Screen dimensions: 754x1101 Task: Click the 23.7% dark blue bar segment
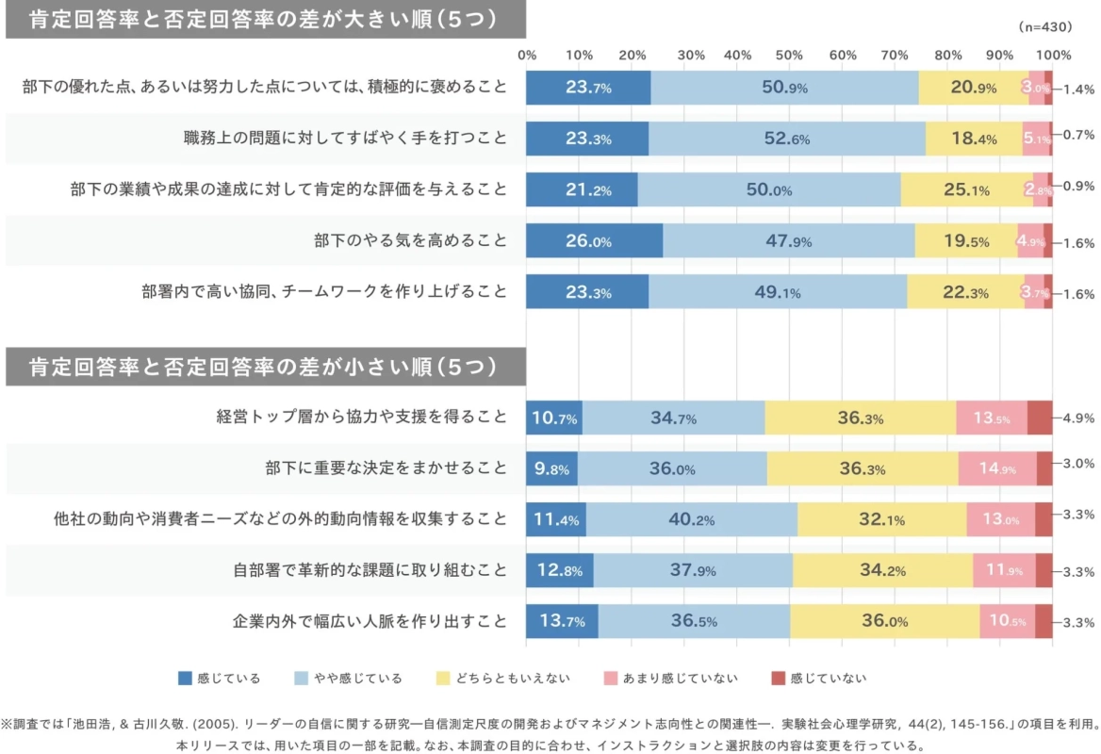588,88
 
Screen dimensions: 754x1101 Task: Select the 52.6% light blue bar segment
787,139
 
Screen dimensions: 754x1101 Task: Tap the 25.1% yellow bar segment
966,189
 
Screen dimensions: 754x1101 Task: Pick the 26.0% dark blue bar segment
594,241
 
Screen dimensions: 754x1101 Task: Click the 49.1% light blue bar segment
778,292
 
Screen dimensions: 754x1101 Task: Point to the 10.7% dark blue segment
554,418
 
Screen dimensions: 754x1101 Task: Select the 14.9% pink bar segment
997,468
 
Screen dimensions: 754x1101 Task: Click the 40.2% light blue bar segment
692,519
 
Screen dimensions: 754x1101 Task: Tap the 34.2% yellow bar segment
883,570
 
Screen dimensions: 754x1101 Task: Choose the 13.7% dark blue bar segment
562,621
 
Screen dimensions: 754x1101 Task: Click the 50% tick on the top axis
788,54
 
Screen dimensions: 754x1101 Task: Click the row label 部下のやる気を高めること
410,241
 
